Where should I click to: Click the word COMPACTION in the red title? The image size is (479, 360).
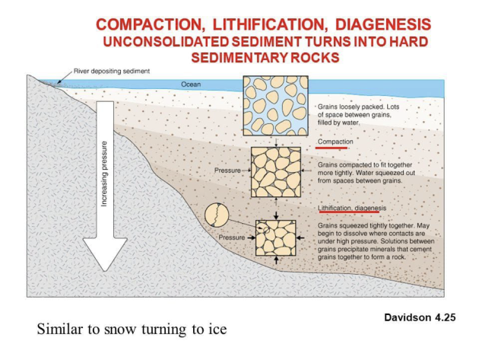click(x=150, y=25)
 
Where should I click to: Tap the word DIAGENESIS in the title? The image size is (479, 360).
click(x=383, y=25)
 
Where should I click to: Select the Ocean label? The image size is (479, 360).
click(x=191, y=84)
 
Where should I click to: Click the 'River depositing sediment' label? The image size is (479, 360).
click(x=112, y=72)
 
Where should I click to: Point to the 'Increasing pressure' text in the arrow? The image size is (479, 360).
click(x=104, y=174)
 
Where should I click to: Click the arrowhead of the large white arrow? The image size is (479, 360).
click(x=105, y=254)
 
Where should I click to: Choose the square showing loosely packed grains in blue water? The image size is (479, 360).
click(x=275, y=106)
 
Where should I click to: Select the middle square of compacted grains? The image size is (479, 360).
click(x=276, y=172)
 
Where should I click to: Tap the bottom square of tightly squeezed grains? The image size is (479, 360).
click(x=276, y=238)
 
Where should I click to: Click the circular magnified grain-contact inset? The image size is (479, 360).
click(x=217, y=215)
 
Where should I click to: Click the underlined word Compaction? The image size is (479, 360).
click(x=335, y=142)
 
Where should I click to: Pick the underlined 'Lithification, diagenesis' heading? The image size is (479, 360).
click(x=352, y=209)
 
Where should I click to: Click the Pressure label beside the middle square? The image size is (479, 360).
click(x=227, y=170)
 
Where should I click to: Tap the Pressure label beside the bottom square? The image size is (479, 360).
click(x=232, y=237)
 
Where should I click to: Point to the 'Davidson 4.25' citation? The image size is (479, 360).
click(x=420, y=317)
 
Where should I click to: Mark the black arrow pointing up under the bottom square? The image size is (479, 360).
click(x=277, y=260)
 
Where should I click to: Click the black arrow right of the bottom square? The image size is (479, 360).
click(x=300, y=237)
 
